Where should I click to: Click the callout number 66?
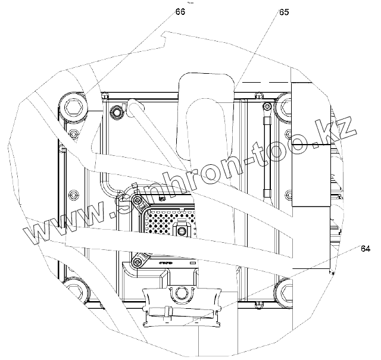click(180, 12)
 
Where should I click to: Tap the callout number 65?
click(284, 12)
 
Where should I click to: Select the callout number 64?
click(366, 249)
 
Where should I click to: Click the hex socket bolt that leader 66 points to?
click(73, 106)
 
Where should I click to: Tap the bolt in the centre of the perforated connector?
click(181, 230)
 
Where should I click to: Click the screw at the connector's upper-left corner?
click(138, 200)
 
